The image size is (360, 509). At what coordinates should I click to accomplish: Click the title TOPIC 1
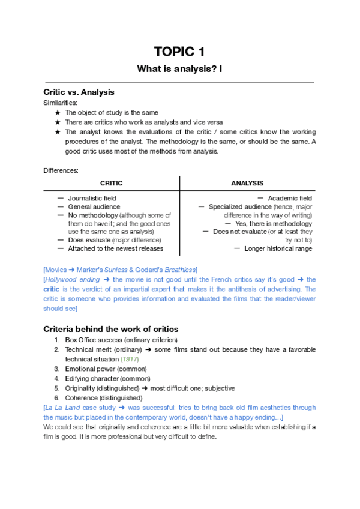click(179, 52)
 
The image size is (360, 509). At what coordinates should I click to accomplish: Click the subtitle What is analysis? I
click(179, 70)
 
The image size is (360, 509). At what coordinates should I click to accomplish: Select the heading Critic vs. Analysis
click(79, 92)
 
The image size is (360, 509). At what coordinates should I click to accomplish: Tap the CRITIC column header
click(111, 183)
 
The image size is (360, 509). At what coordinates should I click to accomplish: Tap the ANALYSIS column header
click(247, 183)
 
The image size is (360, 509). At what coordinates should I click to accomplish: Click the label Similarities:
click(61, 103)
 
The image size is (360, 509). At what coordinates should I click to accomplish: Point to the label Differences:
click(61, 170)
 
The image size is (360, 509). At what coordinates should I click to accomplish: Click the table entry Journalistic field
click(92, 198)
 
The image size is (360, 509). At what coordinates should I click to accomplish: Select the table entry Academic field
click(290, 198)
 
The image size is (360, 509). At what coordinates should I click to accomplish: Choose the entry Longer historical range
click(278, 248)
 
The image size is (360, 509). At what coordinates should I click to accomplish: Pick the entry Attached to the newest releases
click(115, 248)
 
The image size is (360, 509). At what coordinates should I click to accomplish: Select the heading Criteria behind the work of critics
click(110, 329)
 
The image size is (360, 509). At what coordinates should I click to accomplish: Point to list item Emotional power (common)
click(106, 369)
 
